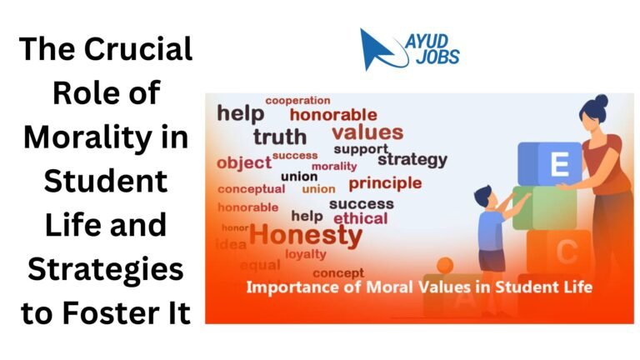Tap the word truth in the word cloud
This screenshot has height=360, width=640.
click(281, 137)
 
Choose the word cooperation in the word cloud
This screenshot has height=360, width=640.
click(297, 101)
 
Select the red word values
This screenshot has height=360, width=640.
click(367, 132)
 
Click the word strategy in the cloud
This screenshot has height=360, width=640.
click(412, 159)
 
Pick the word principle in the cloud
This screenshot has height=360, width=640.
click(385, 182)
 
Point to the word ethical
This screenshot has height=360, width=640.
click(360, 218)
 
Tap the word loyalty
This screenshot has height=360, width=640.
click(306, 254)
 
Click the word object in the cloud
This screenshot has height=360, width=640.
click(244, 162)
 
